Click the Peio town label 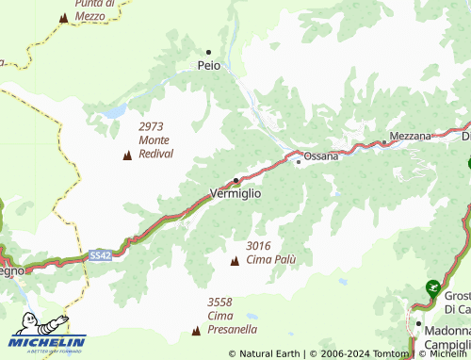pyautogui.click(x=209, y=66)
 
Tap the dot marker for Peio pyautogui.click(x=208, y=52)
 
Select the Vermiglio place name pyautogui.click(x=235, y=193)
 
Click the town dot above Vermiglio pyautogui.click(x=235, y=179)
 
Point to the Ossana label pyautogui.click(x=320, y=156)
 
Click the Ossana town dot pyautogui.click(x=299, y=161)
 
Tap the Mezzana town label pyautogui.click(x=410, y=136)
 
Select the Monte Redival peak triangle pyautogui.click(x=127, y=155)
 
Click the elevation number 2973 pyautogui.click(x=152, y=126)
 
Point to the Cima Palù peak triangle pyautogui.click(x=235, y=260)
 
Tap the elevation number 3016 pyautogui.click(x=258, y=246)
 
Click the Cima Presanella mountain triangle pyautogui.click(x=196, y=331)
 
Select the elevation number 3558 pyautogui.click(x=219, y=302)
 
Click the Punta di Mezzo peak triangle pyautogui.click(x=63, y=17)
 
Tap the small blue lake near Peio pyautogui.click(x=115, y=112)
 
